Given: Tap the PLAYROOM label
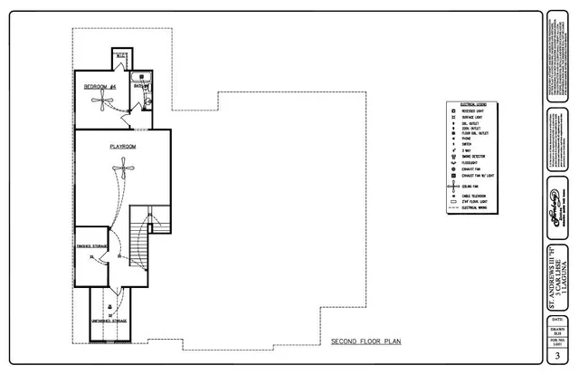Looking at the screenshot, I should [122, 145].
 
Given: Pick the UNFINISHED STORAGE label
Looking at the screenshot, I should [109, 322].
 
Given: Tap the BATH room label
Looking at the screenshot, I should [140, 87].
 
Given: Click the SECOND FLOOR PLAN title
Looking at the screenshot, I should [365, 342].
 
